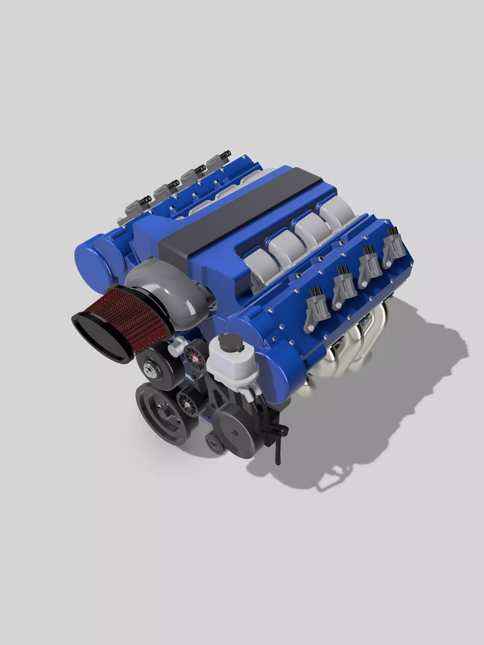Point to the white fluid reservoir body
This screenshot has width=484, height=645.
coord(231,365)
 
